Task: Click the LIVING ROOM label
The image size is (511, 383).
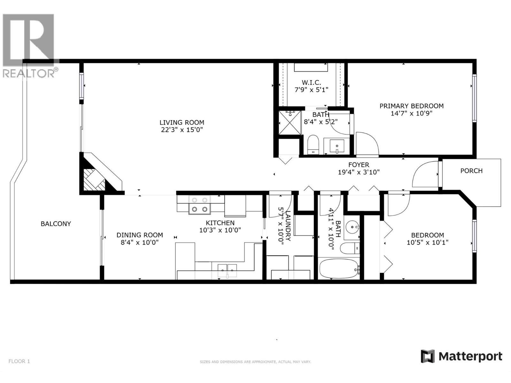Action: pos(182,122)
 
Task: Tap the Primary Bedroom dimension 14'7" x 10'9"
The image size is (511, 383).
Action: pos(411,113)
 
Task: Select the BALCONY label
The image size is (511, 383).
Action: pos(56,224)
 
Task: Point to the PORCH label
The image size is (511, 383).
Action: pos(471,171)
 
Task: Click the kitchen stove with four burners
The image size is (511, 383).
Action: pos(200,205)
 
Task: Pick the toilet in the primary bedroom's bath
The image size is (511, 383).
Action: pos(313,144)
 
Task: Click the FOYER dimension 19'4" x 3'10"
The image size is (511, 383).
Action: pos(359,172)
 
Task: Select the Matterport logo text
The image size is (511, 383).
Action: pos(470,356)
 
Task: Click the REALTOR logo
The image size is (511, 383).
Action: pos(29,45)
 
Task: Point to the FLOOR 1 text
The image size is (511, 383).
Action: pos(19,361)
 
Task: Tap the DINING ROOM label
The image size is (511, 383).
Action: pos(140,235)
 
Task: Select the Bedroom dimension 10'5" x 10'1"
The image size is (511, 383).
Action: pos(427,242)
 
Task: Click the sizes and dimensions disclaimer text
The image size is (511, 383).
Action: pos(255,362)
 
